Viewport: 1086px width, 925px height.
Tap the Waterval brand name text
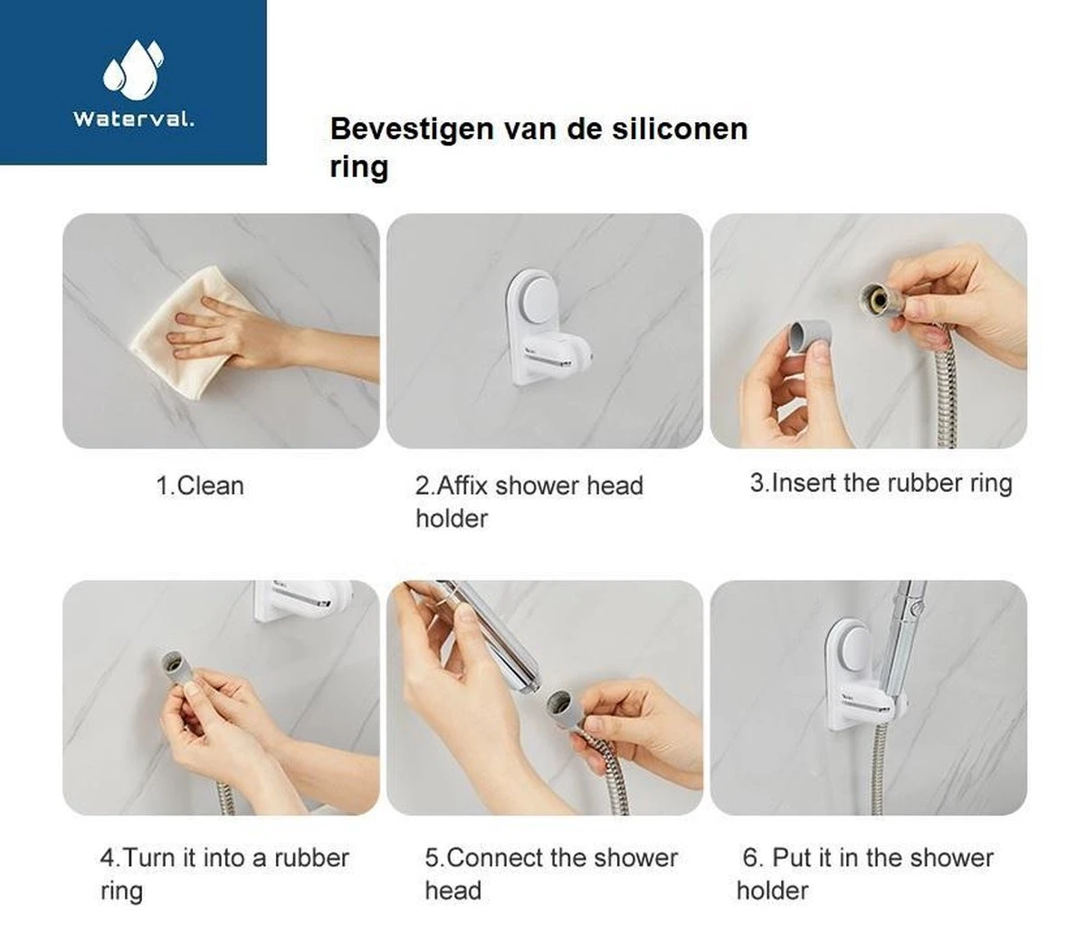(133, 118)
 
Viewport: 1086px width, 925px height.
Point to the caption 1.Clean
(199, 486)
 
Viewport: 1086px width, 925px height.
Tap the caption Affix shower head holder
(529, 502)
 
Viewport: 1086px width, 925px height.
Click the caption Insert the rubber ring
(880, 483)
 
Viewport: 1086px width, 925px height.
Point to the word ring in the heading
(359, 167)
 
